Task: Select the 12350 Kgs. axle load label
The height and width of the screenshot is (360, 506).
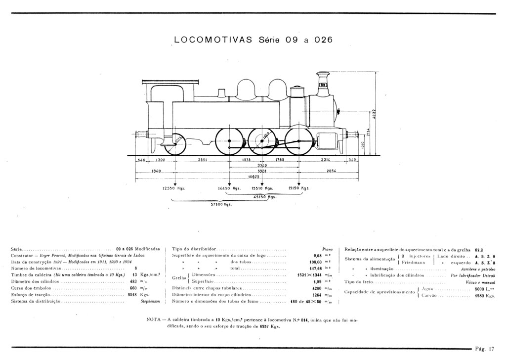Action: [x=173, y=188]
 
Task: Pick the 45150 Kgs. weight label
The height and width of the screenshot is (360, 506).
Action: [x=264, y=197]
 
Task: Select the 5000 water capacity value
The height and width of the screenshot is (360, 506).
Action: [x=480, y=289]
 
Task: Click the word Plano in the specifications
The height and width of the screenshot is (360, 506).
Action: [x=326, y=248]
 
